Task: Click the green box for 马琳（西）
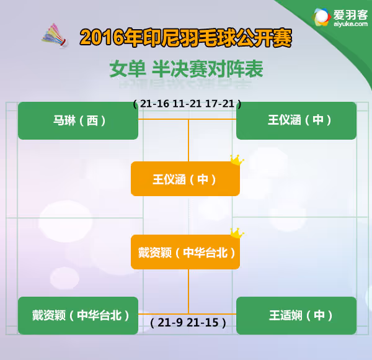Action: click(x=78, y=120)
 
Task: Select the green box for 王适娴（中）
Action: click(x=296, y=315)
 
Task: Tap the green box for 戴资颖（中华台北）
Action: click(x=78, y=315)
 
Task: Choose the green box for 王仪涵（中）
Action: click(x=296, y=120)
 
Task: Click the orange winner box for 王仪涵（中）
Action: click(x=185, y=179)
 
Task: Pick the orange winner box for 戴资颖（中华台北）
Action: click(x=185, y=252)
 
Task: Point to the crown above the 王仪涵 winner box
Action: click(x=237, y=160)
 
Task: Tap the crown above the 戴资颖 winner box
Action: click(x=237, y=233)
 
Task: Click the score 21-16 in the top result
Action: click(x=154, y=104)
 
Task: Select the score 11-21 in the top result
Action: click(x=187, y=104)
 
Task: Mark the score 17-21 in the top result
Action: click(x=219, y=104)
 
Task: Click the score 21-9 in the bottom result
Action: click(x=170, y=323)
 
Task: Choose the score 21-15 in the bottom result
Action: click(x=202, y=323)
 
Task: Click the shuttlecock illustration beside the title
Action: click(x=55, y=35)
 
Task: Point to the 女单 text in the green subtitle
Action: click(x=127, y=69)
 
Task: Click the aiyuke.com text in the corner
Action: click(x=350, y=24)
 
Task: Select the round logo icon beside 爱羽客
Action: click(x=321, y=17)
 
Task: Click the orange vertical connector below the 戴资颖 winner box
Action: click(x=188, y=291)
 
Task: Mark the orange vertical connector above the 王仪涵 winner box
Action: click(x=188, y=140)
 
